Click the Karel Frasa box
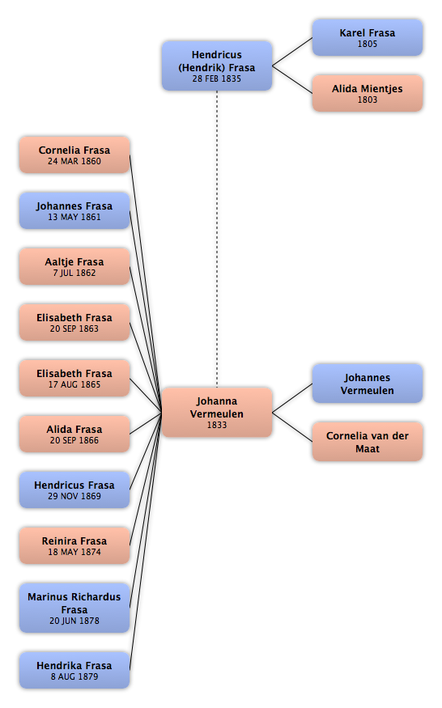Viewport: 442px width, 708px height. [x=367, y=37]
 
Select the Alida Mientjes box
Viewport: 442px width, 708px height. [x=367, y=94]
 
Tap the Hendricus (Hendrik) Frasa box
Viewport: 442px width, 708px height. [x=217, y=66]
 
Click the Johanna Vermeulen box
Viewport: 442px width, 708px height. [x=217, y=412]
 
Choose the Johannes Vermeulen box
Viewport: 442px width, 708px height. [x=367, y=384]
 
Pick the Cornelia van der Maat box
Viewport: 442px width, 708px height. [x=367, y=442]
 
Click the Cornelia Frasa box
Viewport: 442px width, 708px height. [x=74, y=155]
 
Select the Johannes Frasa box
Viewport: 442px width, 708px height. [x=74, y=211]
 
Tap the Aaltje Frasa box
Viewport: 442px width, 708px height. [x=74, y=266]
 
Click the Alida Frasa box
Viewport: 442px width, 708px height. [x=74, y=434]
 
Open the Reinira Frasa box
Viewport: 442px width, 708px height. [x=74, y=545]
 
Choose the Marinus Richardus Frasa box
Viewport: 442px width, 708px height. [x=74, y=608]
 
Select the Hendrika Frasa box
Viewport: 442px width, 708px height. [x=74, y=670]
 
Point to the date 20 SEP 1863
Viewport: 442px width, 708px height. [x=74, y=329]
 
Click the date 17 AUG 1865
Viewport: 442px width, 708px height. [x=74, y=384]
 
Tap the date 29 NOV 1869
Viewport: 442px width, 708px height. [x=74, y=496]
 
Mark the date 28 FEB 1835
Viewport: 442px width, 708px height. [x=217, y=78]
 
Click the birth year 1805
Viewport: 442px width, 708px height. [x=367, y=44]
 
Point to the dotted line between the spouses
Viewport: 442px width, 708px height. [x=217, y=239]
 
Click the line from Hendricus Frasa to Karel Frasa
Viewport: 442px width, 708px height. [x=292, y=52]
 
